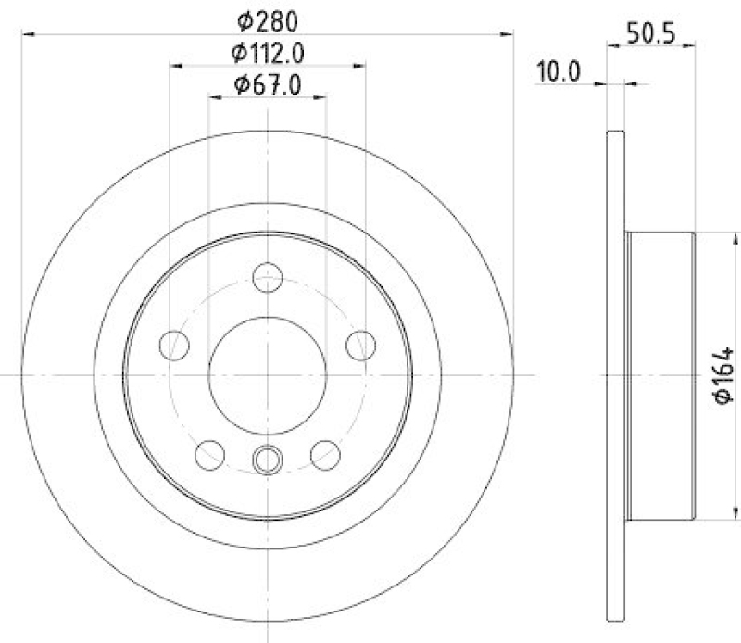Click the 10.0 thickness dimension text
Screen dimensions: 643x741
coord(559,72)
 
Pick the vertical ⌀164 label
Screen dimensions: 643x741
coord(722,374)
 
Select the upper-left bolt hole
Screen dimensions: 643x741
coord(173,345)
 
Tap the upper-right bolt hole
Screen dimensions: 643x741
coord(359,345)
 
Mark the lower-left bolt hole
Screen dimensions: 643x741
coord(210,454)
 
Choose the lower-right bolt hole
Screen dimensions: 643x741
coord(324,454)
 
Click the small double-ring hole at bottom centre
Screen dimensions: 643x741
coord(268,458)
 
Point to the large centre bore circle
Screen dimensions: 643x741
coord(268,374)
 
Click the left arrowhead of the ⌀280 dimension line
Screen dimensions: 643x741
coord(26,33)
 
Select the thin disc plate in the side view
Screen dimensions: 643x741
coord(612,374)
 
